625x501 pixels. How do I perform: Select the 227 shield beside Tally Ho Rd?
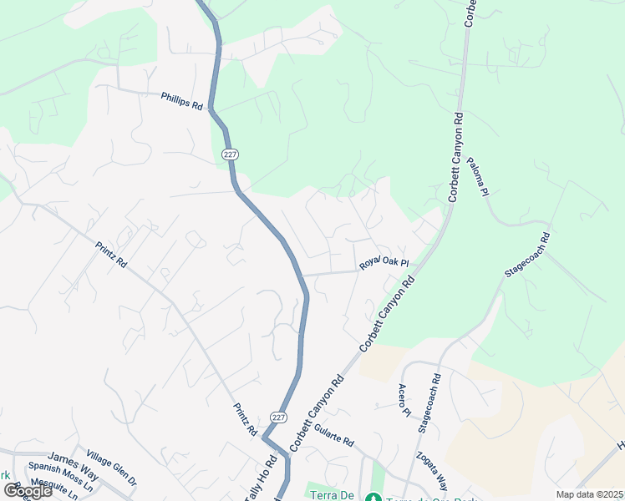279,417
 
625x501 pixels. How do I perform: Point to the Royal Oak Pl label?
384,263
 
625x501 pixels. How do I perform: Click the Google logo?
28,491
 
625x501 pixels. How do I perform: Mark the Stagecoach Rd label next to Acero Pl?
430,402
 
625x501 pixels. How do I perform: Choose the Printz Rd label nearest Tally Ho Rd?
245,420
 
